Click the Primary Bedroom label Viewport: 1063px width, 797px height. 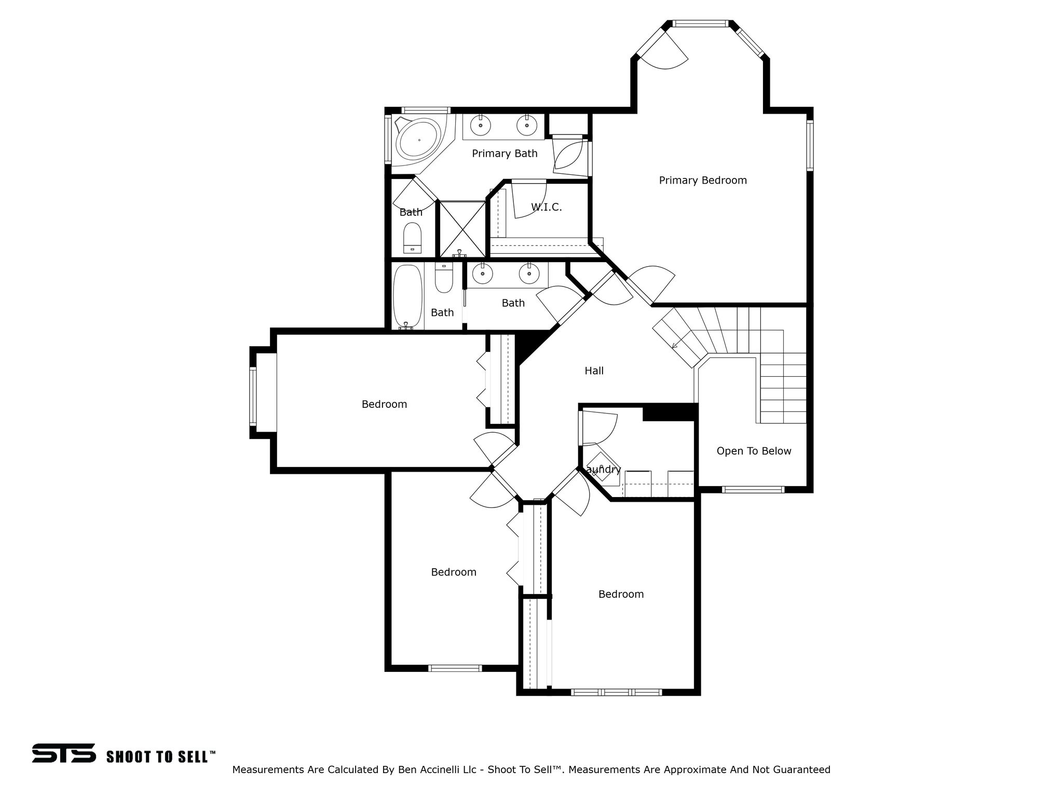click(x=703, y=181)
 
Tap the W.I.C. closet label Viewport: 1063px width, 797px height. click(x=546, y=208)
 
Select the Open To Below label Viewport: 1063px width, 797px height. click(x=754, y=451)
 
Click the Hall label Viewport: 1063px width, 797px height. click(x=594, y=371)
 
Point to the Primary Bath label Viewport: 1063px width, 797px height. click(x=505, y=154)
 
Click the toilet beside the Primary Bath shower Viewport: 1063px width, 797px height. click(x=413, y=237)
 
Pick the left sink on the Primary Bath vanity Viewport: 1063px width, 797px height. click(x=482, y=125)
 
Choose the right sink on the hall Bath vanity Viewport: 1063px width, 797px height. click(x=529, y=274)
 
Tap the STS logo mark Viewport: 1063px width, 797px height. click(x=63, y=753)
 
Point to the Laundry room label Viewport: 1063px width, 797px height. click(x=604, y=470)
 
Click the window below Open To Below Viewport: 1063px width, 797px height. click(x=753, y=489)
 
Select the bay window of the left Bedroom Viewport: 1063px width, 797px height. click(x=253, y=395)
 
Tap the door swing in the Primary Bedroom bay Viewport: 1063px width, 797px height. click(x=664, y=52)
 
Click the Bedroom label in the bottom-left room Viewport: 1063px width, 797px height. click(x=453, y=572)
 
